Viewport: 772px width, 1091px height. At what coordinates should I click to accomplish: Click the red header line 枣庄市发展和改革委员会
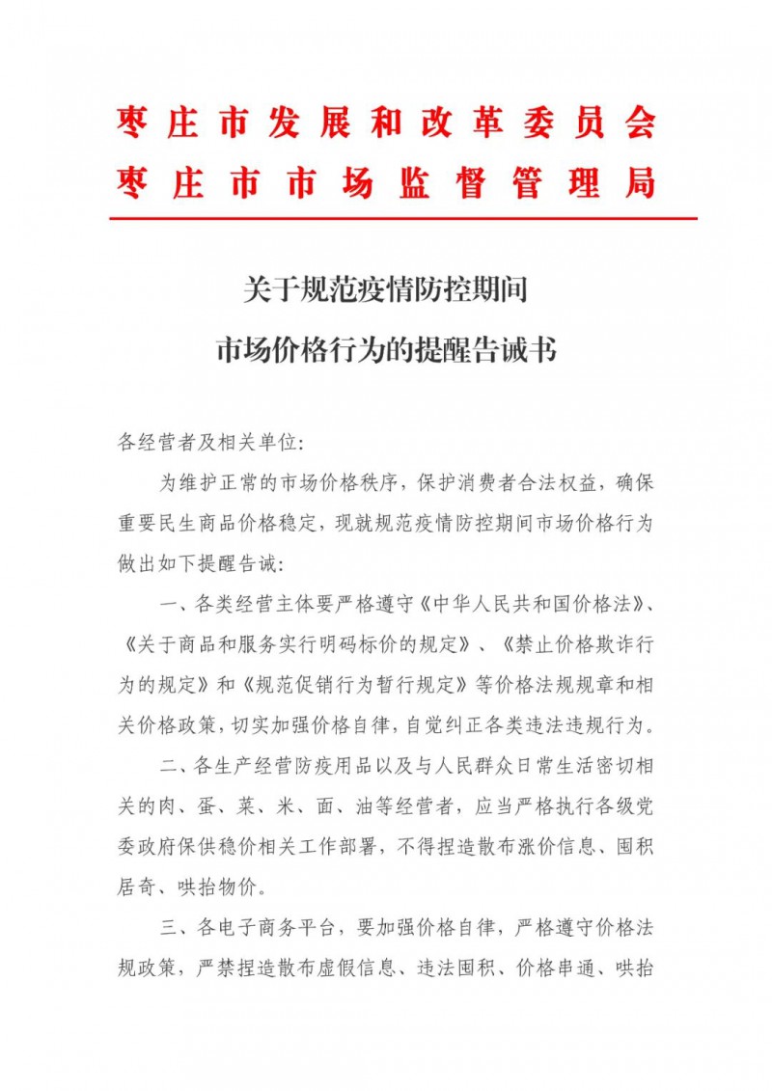pyautogui.click(x=386, y=123)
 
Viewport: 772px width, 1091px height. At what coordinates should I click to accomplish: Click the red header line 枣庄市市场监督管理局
pyautogui.click(x=386, y=181)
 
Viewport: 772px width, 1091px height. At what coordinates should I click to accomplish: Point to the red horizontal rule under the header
pyautogui.click(x=402, y=219)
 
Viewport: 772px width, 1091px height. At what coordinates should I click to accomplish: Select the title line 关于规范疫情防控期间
pyautogui.click(x=386, y=288)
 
